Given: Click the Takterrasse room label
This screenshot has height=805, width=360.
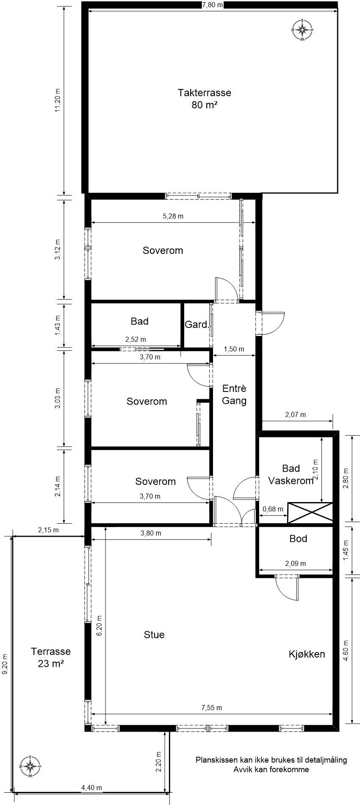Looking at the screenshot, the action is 204,92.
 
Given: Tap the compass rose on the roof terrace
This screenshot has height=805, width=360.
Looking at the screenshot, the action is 302,30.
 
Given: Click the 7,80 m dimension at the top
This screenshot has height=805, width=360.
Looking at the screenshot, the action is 213,5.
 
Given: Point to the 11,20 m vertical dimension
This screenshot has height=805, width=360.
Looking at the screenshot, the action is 58,100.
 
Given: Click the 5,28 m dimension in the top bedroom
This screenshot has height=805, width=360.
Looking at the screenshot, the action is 173,216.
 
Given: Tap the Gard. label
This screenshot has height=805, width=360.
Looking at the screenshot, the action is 197,325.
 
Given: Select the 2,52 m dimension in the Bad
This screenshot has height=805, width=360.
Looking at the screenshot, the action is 136,339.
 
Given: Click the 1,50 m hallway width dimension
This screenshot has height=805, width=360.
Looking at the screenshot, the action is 234,349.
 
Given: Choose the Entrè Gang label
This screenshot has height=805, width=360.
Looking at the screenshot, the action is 234,394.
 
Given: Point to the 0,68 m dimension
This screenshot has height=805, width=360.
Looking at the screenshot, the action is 273,509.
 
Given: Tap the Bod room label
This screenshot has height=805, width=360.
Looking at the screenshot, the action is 298,539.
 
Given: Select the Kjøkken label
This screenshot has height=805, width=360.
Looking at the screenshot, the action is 307,654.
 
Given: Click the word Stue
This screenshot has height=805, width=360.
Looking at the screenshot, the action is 154,634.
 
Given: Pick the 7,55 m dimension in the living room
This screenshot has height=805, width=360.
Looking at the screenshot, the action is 212,708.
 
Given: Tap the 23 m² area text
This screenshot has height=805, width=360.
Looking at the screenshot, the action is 51,663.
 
